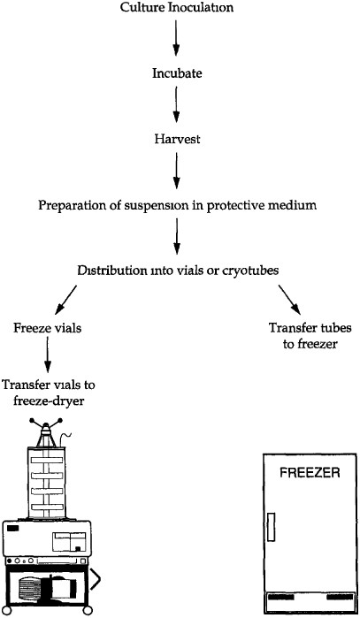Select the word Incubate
pyautogui.click(x=177, y=73)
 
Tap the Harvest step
pyautogui.click(x=177, y=139)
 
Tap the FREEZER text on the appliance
pyautogui.click(x=310, y=471)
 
